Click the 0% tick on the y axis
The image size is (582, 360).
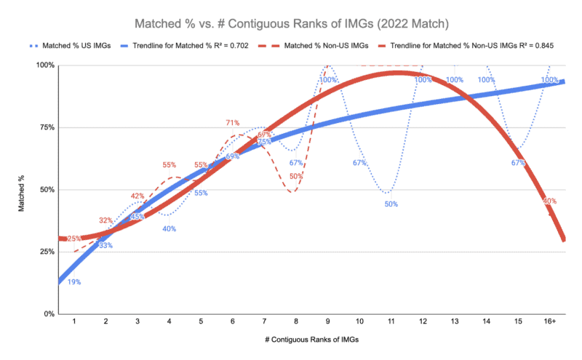click(48, 314)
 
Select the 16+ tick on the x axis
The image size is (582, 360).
click(549, 321)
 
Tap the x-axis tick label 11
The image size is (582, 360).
click(391, 321)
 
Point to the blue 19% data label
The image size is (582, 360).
click(73, 281)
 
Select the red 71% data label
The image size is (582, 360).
click(233, 123)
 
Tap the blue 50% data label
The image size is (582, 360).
click(391, 204)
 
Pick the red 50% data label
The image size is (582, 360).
click(296, 176)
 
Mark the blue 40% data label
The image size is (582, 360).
click(169, 229)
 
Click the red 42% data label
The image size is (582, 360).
click(137, 196)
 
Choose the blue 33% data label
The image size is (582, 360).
click(105, 245)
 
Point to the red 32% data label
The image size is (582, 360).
click(105, 220)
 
